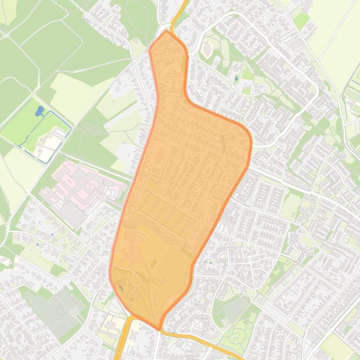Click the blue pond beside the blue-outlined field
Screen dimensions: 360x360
click(39, 111)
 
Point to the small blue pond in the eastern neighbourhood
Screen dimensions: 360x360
click(236, 78)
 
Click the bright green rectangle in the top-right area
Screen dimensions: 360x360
click(301, 21)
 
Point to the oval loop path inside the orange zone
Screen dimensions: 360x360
click(135, 279)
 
